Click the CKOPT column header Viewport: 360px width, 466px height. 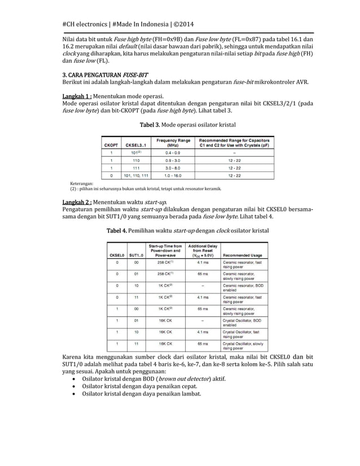(110, 145)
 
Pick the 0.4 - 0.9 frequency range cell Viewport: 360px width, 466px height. (173, 152)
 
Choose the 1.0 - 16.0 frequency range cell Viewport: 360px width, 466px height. (173, 175)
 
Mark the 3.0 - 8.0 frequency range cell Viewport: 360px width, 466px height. (173, 168)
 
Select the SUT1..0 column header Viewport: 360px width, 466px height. (136, 254)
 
